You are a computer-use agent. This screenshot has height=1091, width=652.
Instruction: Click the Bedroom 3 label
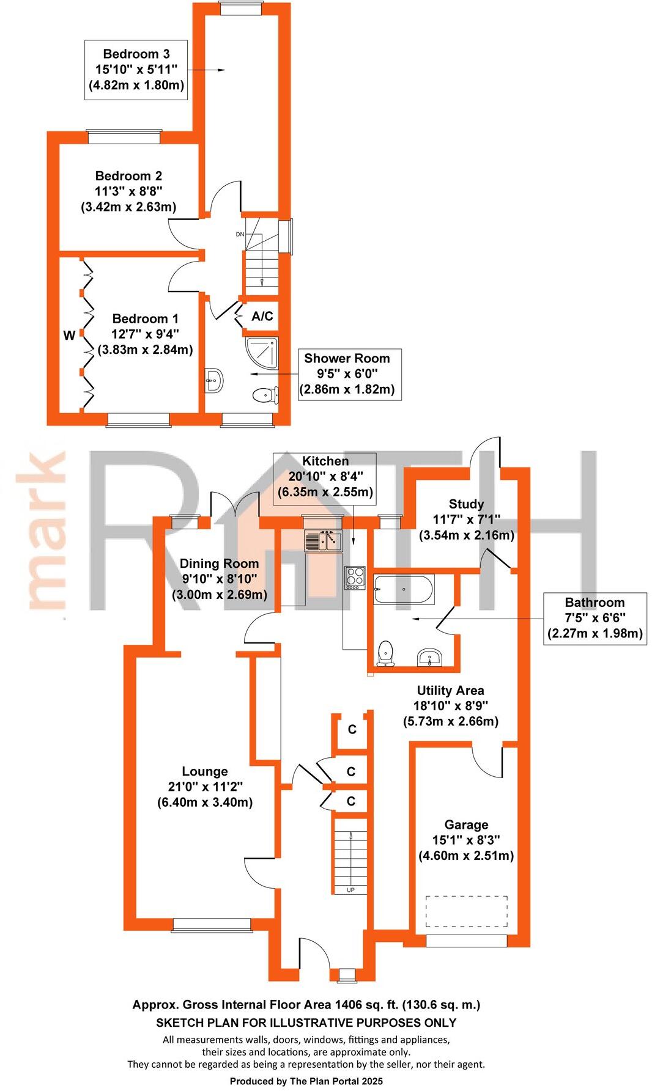click(x=136, y=54)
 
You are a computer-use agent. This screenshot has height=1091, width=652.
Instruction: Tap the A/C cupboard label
click(x=262, y=317)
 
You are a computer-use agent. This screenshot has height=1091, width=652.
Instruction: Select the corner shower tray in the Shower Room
click(x=261, y=351)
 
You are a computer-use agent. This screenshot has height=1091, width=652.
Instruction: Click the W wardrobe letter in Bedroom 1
click(x=69, y=336)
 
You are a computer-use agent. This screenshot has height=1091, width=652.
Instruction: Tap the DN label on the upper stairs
click(x=240, y=234)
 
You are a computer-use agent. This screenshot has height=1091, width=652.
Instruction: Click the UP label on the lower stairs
click(x=350, y=890)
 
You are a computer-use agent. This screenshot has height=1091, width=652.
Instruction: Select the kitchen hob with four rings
click(x=355, y=578)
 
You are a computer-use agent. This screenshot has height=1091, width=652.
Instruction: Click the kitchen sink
click(x=324, y=541)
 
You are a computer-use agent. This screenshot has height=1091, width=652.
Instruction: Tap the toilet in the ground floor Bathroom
click(x=385, y=653)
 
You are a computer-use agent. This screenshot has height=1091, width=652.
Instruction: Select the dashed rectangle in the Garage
click(x=467, y=913)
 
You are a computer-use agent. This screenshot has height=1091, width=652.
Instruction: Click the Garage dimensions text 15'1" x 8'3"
click(x=466, y=840)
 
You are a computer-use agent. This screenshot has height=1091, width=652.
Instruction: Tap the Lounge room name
click(x=205, y=771)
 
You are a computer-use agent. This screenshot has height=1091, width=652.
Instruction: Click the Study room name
click(x=466, y=504)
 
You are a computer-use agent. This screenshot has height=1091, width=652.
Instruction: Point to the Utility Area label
click(x=450, y=691)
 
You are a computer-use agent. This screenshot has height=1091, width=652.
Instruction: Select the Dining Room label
click(x=219, y=564)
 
